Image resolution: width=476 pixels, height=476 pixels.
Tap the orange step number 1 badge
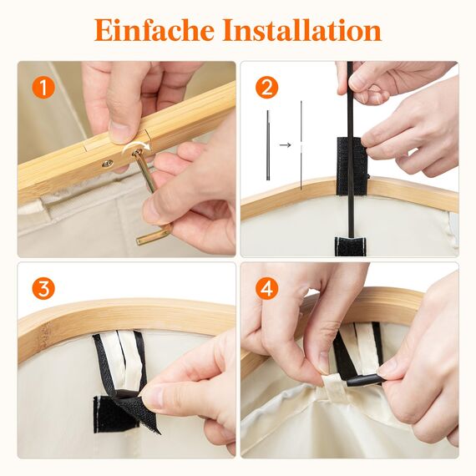click(x=43, y=87)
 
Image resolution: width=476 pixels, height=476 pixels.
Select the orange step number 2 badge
click(x=266, y=87)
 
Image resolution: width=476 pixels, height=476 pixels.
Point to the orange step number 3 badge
click(x=43, y=289)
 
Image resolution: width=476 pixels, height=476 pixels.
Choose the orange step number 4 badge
click(x=266, y=289)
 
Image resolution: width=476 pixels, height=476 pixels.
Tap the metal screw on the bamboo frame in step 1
click(x=108, y=163)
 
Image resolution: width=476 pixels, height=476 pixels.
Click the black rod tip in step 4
click(x=362, y=381)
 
